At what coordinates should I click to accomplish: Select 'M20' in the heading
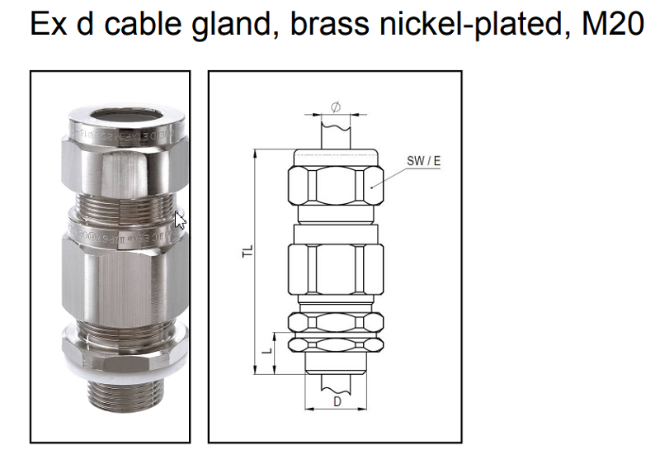612,24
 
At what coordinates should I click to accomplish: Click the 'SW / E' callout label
423,161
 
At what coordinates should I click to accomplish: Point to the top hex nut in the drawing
334,186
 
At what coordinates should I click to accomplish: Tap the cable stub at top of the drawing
336,132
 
